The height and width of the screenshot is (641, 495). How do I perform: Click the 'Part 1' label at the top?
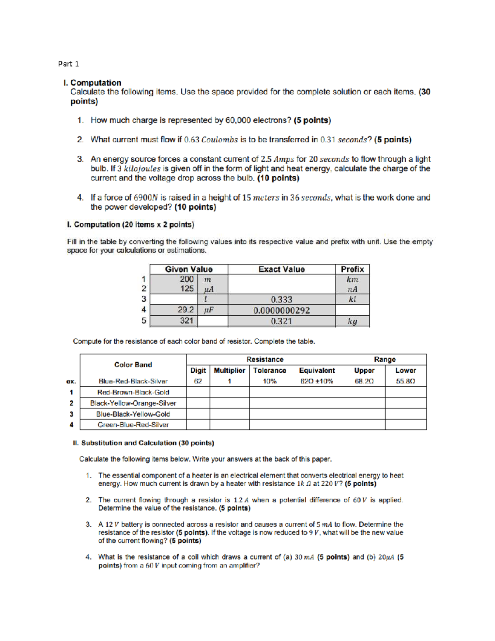coord(68,64)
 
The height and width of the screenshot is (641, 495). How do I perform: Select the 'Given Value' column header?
coord(189,269)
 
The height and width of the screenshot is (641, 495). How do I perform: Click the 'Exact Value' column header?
coord(281,269)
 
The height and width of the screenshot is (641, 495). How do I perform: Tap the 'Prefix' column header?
coord(352,269)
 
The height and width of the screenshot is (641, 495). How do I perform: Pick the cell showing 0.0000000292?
coord(281,310)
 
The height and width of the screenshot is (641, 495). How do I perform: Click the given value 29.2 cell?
coord(186,310)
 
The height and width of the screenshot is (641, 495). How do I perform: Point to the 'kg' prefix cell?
coord(352,321)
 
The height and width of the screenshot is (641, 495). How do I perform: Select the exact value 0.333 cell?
coord(281,299)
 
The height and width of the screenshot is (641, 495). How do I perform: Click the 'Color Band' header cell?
coord(133,364)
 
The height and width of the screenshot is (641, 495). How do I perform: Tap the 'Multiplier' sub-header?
coord(229,370)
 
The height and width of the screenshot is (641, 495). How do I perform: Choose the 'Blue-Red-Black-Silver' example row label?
coord(133,381)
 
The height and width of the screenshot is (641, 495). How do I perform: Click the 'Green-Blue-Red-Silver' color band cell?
coord(133,425)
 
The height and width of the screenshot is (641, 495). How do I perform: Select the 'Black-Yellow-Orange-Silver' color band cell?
coord(133,403)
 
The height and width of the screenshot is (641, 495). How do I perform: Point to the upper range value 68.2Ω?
coord(364,381)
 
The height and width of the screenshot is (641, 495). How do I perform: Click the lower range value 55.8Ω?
coord(405,381)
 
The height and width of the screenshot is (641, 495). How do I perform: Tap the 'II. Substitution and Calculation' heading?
coord(143,443)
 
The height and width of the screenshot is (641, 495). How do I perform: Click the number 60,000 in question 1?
coord(238,120)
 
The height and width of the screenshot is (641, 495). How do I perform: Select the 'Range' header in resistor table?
coord(384,360)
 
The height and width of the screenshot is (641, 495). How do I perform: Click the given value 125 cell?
coord(187,289)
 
